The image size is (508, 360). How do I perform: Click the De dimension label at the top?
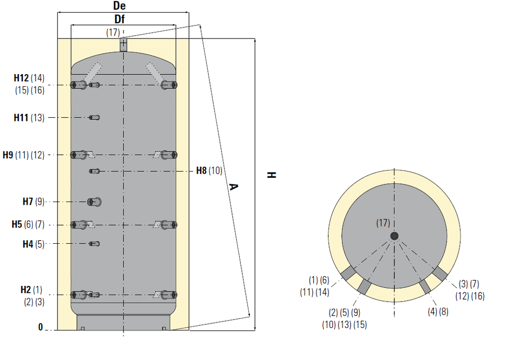pyautogui.click(x=119, y=6)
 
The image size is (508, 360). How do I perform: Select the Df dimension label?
pyautogui.click(x=119, y=19)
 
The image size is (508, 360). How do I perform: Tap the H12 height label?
pyautogui.click(x=21, y=78)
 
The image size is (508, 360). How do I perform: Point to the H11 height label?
pyautogui.click(x=21, y=117)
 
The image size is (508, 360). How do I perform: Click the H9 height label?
pyautogui.click(x=8, y=155)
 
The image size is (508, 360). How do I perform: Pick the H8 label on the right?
pyautogui.click(x=201, y=171)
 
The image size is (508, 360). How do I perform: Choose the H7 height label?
pyautogui.click(x=27, y=202)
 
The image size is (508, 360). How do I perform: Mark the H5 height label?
pyautogui.click(x=17, y=224)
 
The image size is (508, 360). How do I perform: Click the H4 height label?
pyautogui.click(x=27, y=244)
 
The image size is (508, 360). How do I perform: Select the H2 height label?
pyautogui.click(x=25, y=289)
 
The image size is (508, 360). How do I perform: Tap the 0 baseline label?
pyautogui.click(x=41, y=327)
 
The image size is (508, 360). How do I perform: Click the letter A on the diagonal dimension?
pyautogui.click(x=234, y=187)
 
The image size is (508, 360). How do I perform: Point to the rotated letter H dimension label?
pyautogui.click(x=271, y=175)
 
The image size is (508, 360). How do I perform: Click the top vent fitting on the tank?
pyautogui.click(x=123, y=45)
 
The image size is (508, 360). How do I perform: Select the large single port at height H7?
pyautogui.click(x=94, y=202)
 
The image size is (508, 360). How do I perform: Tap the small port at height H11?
pyautogui.click(x=94, y=117)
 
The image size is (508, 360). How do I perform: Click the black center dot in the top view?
pyautogui.click(x=394, y=236)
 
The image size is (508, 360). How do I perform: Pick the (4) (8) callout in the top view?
pyautogui.click(x=438, y=311)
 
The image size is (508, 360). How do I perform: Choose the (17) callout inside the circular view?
pyautogui.click(x=383, y=223)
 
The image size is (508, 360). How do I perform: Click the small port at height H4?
pyautogui.click(x=94, y=244)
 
